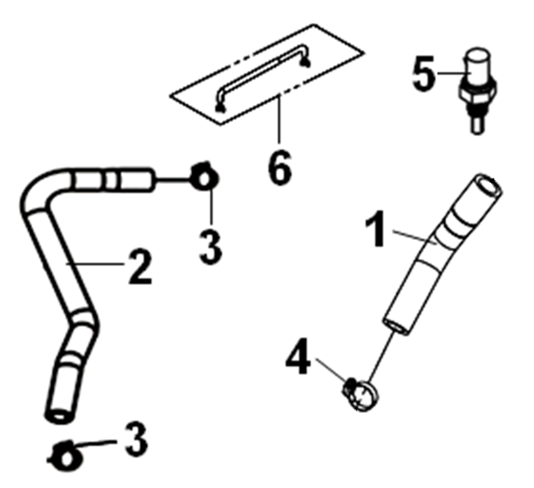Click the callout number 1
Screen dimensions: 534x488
point(376,229)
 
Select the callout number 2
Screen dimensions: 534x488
point(139,267)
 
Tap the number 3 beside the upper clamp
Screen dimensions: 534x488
point(210,245)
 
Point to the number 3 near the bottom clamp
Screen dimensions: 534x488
point(136,439)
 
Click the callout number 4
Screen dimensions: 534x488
point(298,356)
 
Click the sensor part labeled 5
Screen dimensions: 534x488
point(477,90)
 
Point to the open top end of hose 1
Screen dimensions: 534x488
point(489,186)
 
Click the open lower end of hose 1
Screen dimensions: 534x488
point(397,327)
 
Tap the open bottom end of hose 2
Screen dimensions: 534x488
point(59,416)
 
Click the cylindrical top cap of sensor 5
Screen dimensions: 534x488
point(478,66)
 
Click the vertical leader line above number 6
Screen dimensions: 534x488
point(279,118)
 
